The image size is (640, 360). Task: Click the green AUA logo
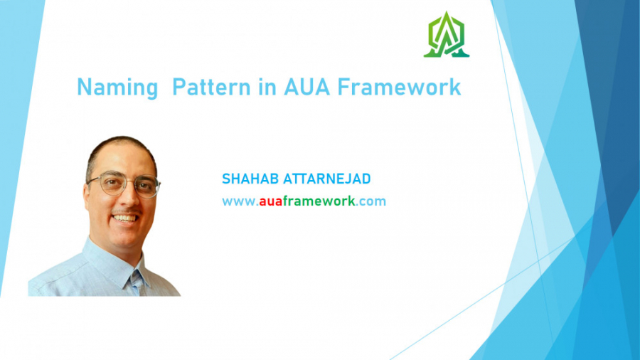pos(446,35)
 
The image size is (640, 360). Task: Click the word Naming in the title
pos(117,88)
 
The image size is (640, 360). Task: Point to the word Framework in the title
pos(398,88)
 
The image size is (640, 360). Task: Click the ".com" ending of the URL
pos(370,201)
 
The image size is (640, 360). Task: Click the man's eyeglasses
pos(125,186)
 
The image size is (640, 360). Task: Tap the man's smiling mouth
pos(126,218)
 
